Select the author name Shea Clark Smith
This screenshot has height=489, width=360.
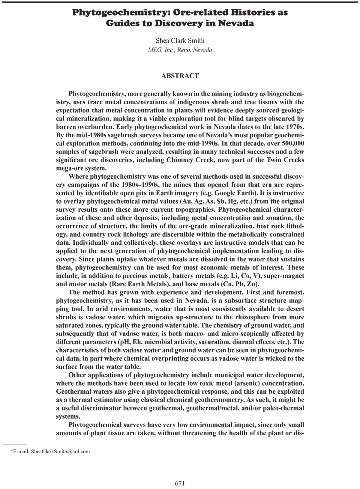click(180, 40)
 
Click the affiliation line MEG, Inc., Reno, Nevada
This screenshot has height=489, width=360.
click(180, 50)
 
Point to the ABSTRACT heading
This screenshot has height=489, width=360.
click(180, 76)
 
